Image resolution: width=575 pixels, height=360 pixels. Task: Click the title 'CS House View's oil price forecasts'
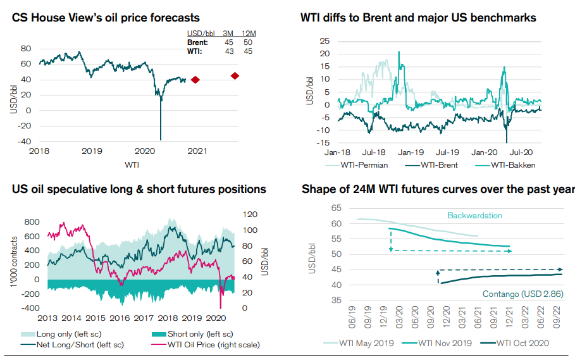coord(106,18)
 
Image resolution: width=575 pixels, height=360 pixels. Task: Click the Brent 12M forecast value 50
coord(249,42)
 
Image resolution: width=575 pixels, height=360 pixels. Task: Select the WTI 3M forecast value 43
coord(229,51)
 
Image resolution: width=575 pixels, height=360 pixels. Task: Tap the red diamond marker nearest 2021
coord(195,80)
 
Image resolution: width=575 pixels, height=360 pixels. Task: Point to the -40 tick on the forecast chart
coord(25,141)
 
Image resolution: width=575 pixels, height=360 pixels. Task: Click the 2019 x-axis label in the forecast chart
coord(92,151)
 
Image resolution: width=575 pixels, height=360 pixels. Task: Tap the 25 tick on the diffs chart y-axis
coord(325,41)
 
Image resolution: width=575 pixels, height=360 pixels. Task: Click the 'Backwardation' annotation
coord(474,216)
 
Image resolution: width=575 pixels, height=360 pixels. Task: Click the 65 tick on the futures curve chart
coord(336,208)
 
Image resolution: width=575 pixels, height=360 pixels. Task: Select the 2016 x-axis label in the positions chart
coord(120,318)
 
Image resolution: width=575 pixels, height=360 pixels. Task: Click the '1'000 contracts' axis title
coord(14,259)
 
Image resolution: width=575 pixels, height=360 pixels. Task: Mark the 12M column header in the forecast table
coord(249,33)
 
